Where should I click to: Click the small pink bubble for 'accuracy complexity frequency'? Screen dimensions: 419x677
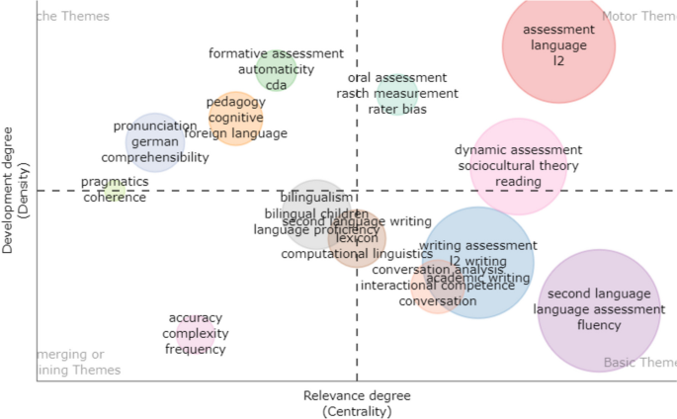tap(196, 334)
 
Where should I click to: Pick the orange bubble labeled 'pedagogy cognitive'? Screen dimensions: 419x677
tap(236, 118)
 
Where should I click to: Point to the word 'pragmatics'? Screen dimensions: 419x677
tap(115, 182)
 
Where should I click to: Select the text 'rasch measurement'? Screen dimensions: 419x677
tap(397, 93)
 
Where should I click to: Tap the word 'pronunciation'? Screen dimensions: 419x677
tap(155, 126)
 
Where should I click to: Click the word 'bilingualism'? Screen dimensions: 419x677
tap(316, 198)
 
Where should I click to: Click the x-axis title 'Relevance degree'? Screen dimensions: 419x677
tap(357, 396)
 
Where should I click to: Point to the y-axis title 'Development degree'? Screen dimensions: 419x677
tap(9, 190)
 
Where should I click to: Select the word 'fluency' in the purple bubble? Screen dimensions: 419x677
tap(599, 325)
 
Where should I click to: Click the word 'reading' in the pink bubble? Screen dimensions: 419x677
tap(518, 182)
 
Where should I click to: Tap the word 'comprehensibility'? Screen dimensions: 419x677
tap(155, 157)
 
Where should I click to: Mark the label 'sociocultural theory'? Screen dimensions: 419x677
tap(518, 166)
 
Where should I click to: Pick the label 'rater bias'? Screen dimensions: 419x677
tap(397, 109)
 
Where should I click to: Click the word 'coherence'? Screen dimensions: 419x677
tap(115, 198)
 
